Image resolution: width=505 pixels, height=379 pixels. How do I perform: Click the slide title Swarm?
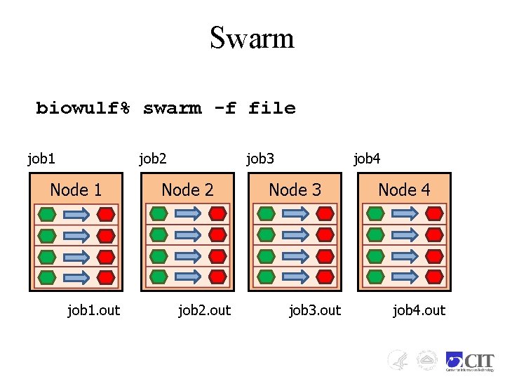[252, 38]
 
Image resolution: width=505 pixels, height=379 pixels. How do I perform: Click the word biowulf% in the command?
[83, 109]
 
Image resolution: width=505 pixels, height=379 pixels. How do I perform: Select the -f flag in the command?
[224, 109]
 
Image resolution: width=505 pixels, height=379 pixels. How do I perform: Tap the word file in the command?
[272, 109]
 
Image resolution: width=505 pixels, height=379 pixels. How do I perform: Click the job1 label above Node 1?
[41, 159]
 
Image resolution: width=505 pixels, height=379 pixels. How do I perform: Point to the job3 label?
[260, 159]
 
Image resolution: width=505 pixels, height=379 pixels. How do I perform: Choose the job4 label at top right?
[367, 159]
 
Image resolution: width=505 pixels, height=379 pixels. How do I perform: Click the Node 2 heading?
[187, 189]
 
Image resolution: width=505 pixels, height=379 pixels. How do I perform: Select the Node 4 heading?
[404, 189]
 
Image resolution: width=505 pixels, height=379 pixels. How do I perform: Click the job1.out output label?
[93, 310]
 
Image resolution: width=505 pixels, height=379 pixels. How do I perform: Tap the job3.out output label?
[315, 310]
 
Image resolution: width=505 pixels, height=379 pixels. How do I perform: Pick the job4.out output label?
[419, 310]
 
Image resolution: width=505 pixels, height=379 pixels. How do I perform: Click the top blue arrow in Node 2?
[187, 213]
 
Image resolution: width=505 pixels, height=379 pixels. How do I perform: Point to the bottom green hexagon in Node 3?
[265, 276]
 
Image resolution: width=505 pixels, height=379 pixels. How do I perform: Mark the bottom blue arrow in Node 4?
[404, 276]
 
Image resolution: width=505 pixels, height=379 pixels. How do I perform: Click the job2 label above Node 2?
[153, 159]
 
